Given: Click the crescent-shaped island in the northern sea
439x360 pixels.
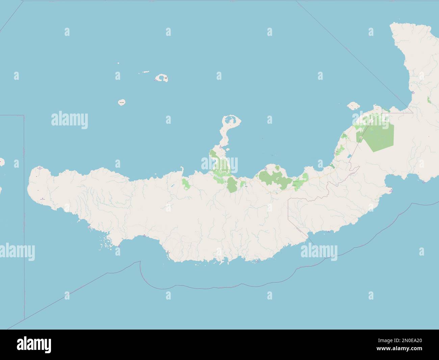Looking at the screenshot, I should click(163, 78).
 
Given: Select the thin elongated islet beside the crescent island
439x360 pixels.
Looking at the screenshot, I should click(146, 72).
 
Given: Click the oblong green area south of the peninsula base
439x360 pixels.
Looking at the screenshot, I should click(232, 185).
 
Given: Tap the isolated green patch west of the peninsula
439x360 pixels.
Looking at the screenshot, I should click(185, 184).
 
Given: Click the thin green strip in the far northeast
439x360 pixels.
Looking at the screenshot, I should click(428, 100).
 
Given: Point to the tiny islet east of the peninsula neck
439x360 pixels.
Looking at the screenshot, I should click(262, 138).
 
